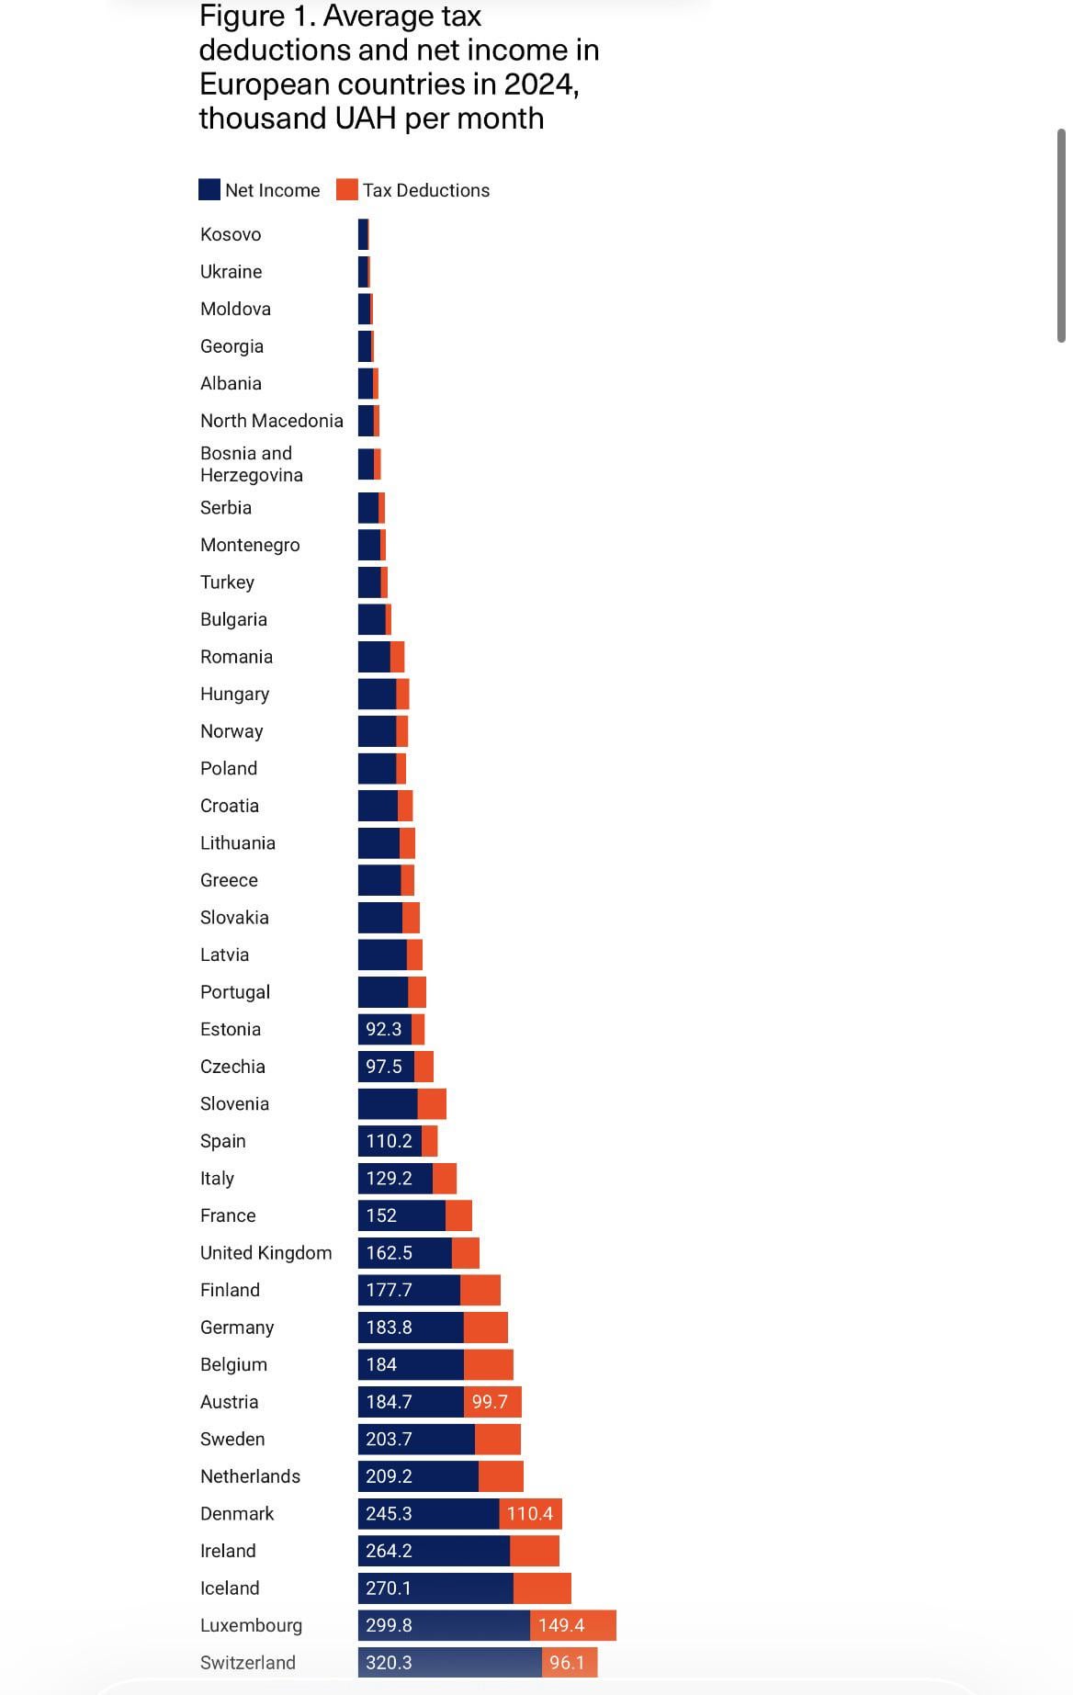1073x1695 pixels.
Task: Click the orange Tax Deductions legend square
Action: pos(346,190)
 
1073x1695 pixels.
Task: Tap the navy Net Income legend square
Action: pos(209,190)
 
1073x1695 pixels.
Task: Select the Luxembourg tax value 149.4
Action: pos(561,1625)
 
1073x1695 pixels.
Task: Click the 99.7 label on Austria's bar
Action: pos(490,1402)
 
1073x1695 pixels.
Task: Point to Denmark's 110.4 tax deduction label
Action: pos(530,1513)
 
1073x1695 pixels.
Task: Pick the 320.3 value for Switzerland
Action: pos(389,1663)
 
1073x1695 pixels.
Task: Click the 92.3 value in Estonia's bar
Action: pos(383,1029)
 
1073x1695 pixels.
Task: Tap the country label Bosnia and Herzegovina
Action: pos(251,464)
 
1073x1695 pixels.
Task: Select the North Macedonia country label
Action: pos(271,421)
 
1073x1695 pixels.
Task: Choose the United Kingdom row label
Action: pos(265,1253)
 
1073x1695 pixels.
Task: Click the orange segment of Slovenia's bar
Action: pos(432,1103)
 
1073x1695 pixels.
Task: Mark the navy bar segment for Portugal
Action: pos(382,992)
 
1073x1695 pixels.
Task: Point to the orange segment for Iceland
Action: pos(542,1588)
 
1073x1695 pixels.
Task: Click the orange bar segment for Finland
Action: pos(480,1290)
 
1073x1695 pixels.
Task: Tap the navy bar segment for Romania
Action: pos(374,657)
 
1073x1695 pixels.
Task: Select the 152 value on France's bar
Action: pos(381,1215)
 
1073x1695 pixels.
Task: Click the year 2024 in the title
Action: pos(539,85)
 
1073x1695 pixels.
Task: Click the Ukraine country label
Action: pos(231,272)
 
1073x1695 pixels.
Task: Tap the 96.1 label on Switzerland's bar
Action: pos(567,1663)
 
